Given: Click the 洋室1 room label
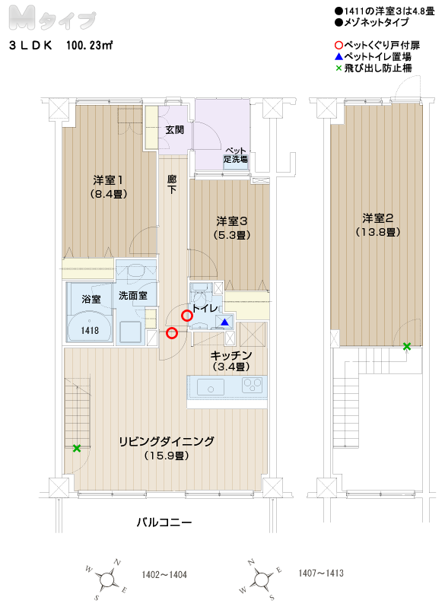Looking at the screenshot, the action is click(108, 180).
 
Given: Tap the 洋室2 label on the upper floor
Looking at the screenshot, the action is click(378, 218).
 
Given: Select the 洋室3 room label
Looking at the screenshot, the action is click(232, 221).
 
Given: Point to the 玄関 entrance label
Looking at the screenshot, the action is click(174, 129).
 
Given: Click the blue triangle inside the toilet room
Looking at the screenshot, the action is click(225, 322).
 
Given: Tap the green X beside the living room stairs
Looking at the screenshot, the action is click(77, 449).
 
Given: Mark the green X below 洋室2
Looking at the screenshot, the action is click(407, 346).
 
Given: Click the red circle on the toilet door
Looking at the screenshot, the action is click(187, 316).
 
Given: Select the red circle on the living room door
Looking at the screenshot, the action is click(172, 333).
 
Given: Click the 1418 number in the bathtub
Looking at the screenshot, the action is click(90, 330).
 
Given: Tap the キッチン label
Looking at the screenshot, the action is click(230, 355).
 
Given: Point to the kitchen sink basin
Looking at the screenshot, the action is click(211, 387).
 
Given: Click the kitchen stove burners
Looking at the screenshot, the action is click(253, 385).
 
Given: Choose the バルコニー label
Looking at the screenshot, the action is click(164, 522).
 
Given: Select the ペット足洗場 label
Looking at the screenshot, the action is click(236, 155).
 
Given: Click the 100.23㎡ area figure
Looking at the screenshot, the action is click(90, 46).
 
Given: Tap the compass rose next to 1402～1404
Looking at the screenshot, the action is click(106, 580).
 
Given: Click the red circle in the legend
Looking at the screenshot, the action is click(339, 46).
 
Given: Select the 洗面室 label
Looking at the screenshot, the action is click(133, 296).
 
